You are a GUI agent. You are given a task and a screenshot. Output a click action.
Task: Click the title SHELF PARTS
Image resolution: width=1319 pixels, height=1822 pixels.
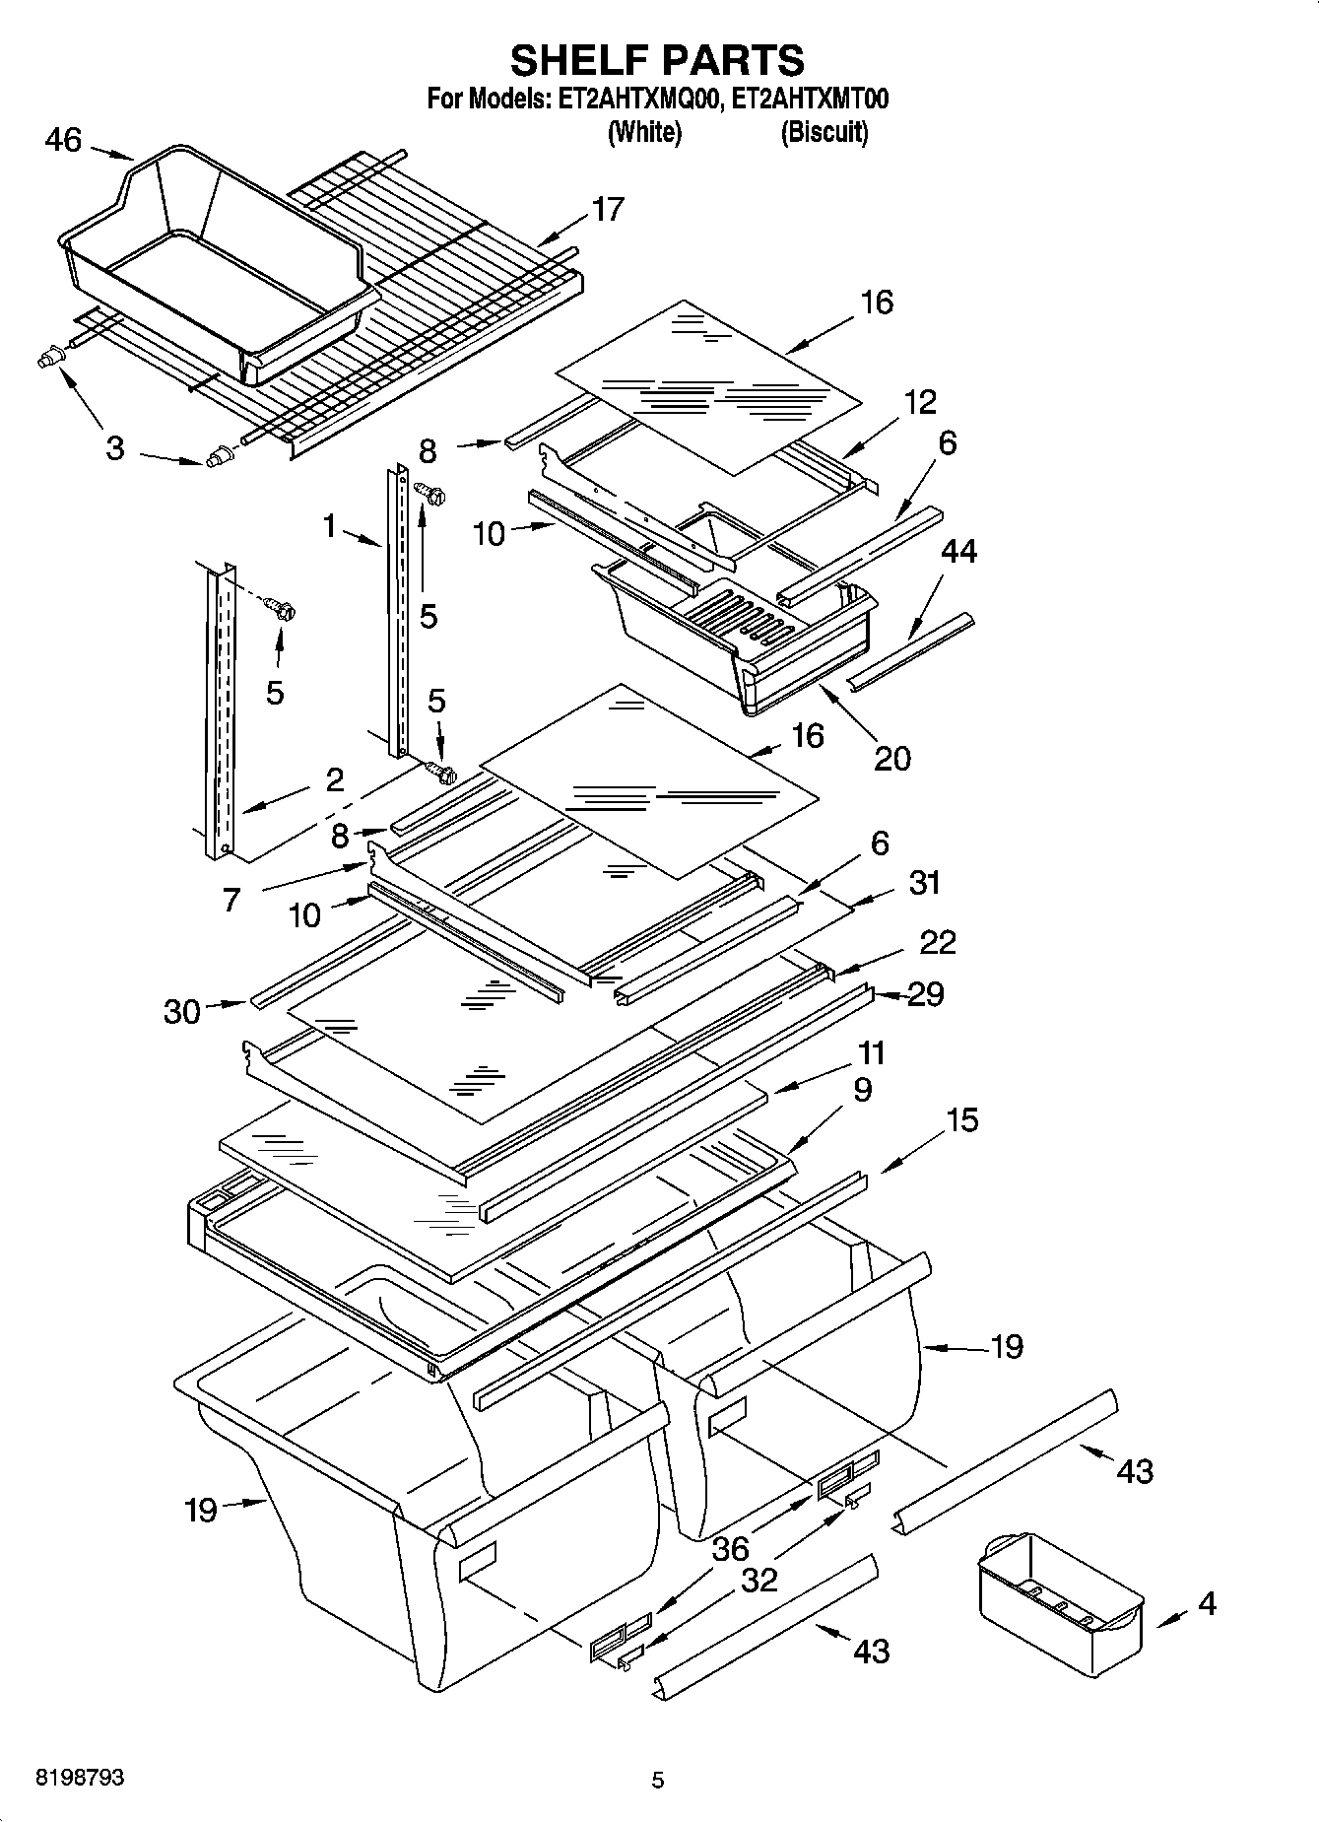point(657,60)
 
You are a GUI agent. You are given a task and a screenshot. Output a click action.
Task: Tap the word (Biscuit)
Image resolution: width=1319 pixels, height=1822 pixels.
point(824,132)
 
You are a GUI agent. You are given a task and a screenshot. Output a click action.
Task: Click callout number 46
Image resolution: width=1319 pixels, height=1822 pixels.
point(63,140)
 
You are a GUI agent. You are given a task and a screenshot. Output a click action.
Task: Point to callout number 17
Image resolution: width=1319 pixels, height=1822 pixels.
point(608,209)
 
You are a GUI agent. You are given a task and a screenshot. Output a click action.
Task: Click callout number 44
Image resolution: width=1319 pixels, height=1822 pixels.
point(958,551)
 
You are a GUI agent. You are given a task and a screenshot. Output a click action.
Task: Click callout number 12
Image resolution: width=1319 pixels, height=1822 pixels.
point(920,402)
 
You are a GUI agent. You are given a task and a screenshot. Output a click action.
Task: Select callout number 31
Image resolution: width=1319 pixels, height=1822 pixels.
point(924,882)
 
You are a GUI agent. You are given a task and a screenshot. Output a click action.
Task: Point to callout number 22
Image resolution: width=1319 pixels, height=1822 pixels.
point(937,942)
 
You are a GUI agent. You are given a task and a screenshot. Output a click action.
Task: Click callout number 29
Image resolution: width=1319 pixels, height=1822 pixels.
point(925,993)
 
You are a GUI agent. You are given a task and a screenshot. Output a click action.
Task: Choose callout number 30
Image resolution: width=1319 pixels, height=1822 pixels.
point(181,1011)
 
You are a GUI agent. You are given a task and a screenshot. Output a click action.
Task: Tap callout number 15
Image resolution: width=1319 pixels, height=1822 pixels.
point(962,1119)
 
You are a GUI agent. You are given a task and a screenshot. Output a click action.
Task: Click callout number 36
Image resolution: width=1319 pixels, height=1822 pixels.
point(730,1548)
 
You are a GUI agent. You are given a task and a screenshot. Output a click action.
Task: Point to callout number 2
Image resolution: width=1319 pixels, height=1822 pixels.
point(334,780)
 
